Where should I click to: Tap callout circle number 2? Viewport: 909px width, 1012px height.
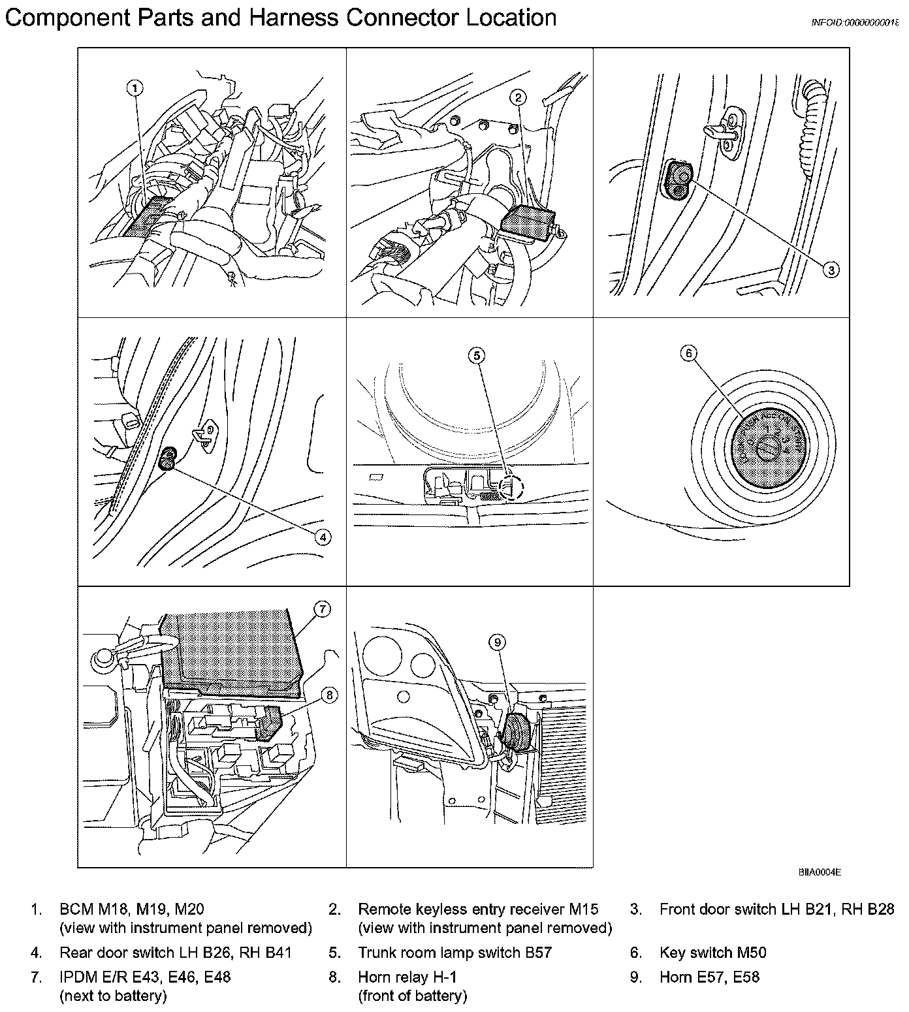click(518, 98)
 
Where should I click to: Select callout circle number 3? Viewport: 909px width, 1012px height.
click(830, 269)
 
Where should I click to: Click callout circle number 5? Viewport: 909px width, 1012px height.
click(477, 355)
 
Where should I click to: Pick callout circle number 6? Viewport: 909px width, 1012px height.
click(688, 353)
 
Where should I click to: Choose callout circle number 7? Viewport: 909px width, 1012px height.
click(322, 609)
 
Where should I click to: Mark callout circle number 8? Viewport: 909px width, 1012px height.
click(329, 696)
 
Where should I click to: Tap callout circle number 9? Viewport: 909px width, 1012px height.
click(498, 642)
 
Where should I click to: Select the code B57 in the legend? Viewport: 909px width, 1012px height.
click(538, 953)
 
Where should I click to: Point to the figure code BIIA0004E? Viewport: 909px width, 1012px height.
click(818, 872)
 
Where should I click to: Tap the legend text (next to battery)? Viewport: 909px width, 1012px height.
click(113, 996)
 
